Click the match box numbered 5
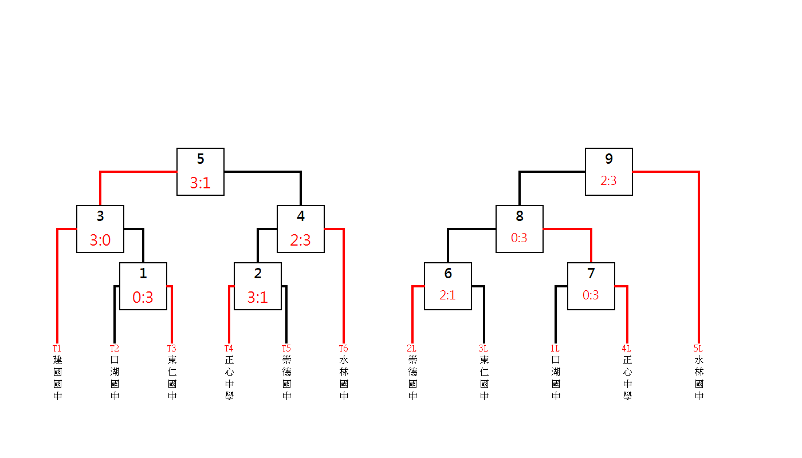tap(200, 172)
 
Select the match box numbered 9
tap(608, 172)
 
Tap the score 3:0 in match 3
tap(100, 240)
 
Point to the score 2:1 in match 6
tap(447, 295)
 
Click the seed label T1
tap(57, 349)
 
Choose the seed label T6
tap(343, 349)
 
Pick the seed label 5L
tap(698, 349)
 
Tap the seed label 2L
tap(412, 349)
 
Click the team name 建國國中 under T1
tap(58, 378)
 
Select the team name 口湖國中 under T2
tap(115, 378)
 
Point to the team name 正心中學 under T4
tap(230, 378)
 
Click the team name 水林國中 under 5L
tap(699, 378)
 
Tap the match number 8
tap(520, 216)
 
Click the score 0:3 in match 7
tap(591, 295)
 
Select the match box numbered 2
tap(258, 286)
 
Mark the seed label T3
tap(171, 349)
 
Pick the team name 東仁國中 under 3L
tap(485, 378)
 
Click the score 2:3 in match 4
tap(301, 240)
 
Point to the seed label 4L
tap(627, 349)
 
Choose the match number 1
tap(143, 274)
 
